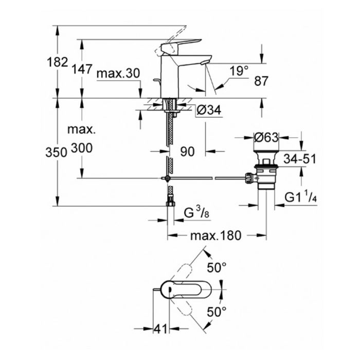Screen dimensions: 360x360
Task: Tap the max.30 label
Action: click(118, 74)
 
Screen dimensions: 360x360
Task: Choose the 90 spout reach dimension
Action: click(187, 152)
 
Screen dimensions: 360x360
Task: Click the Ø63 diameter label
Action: click(266, 138)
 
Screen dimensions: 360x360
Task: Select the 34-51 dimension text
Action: click(301, 158)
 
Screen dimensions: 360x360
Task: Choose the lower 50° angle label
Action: click(217, 312)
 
